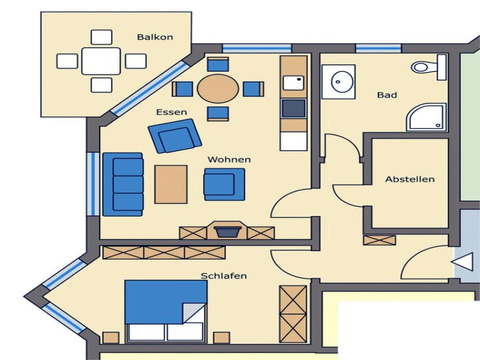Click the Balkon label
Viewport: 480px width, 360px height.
[x=155, y=37]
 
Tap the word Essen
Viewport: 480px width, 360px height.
[x=172, y=112]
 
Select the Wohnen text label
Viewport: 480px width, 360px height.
[x=229, y=159]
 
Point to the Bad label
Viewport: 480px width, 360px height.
[x=387, y=95]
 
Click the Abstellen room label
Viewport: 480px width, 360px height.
[x=410, y=179]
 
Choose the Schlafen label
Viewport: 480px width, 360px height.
[x=224, y=276]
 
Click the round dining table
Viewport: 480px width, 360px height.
[x=218, y=89]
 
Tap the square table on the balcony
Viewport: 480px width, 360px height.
[x=101, y=61]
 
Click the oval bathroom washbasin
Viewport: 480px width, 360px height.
[x=343, y=82]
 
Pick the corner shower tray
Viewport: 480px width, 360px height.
[x=426, y=118]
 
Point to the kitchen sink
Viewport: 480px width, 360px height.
[x=293, y=83]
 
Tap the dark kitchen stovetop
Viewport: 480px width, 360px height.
[x=293, y=108]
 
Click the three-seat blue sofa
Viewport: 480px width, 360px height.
[x=123, y=184]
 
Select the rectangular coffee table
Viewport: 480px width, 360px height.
[x=171, y=184]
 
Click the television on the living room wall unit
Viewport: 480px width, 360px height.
[x=227, y=232]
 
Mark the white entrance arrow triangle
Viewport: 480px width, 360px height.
[x=462, y=262]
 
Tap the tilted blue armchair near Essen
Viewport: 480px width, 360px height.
[x=175, y=136]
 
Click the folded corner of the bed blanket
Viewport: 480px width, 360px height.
[x=194, y=313]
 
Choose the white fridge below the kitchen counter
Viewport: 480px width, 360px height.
[x=293, y=142]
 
